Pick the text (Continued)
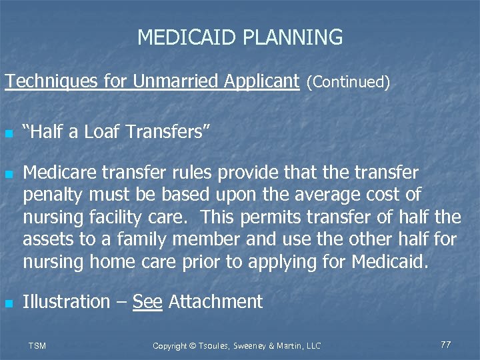point(348,83)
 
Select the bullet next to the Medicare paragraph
point(8,175)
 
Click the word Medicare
point(60,173)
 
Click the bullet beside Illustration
point(8,303)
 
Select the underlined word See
point(147,302)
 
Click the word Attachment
point(216,302)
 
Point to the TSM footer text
point(37,345)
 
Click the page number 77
point(446,345)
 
